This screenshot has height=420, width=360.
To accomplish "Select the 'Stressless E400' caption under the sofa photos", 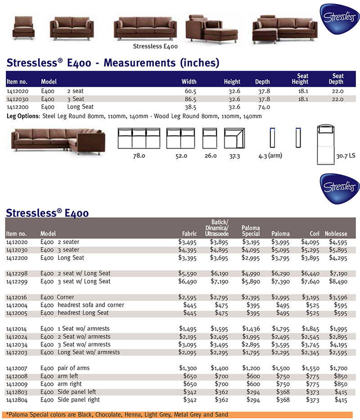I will pos(155,46).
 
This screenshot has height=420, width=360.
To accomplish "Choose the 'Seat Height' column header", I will pos(300,79).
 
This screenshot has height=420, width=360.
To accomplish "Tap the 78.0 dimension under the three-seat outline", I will pos(138,156).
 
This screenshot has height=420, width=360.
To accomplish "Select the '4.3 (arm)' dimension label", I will pos(270,156).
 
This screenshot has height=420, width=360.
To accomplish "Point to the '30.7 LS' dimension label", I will pos(346,156).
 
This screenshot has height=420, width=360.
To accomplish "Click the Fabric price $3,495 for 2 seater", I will pos(188,242).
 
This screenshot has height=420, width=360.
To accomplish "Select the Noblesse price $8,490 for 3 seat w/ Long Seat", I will pos(338,281).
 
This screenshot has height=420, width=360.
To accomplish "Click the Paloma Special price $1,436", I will pos(251,329).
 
